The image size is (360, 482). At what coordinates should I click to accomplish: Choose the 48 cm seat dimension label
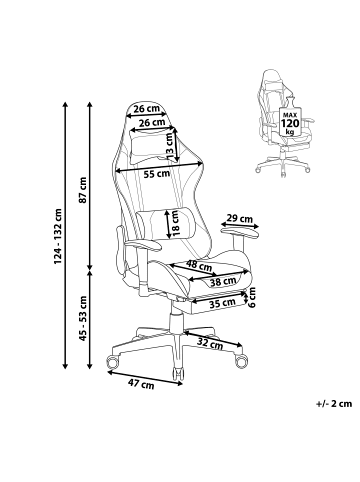pos(199,266)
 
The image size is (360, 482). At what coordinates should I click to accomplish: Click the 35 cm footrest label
pos(223,302)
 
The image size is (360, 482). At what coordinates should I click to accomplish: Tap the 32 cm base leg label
pos(208,343)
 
